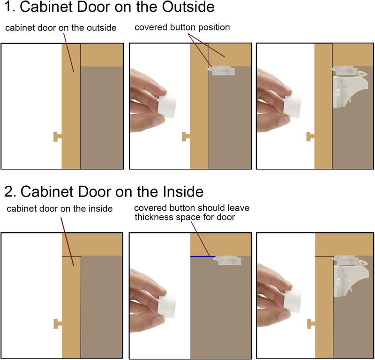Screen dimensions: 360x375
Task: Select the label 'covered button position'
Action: (182, 28)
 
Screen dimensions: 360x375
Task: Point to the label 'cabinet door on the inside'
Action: (60, 209)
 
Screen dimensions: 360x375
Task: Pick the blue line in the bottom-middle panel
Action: (202, 257)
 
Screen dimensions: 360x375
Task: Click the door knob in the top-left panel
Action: (58, 136)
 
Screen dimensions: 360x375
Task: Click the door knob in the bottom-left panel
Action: (58, 323)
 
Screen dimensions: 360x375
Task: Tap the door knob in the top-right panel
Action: (311, 136)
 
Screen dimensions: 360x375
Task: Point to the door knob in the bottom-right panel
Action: (311, 323)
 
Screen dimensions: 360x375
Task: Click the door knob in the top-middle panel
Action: (186, 136)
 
